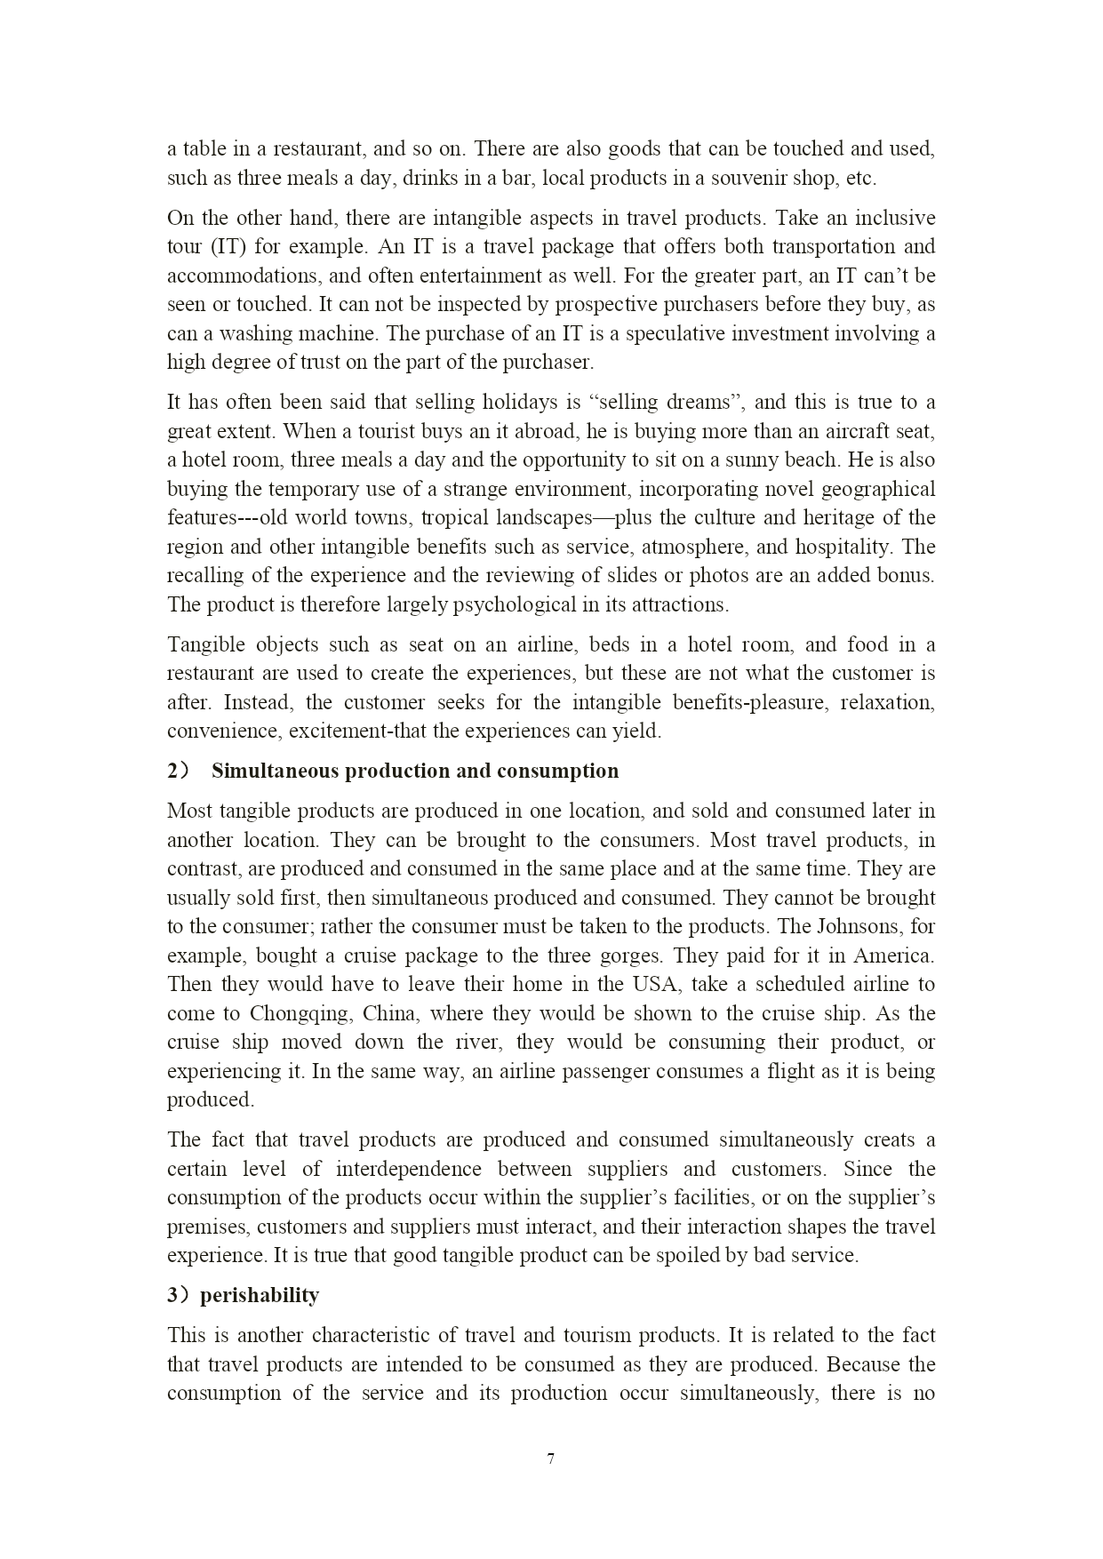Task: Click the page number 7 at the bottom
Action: [551, 1459]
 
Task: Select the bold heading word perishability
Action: [260, 1295]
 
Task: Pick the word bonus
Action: [907, 575]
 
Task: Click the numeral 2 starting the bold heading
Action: [173, 771]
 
